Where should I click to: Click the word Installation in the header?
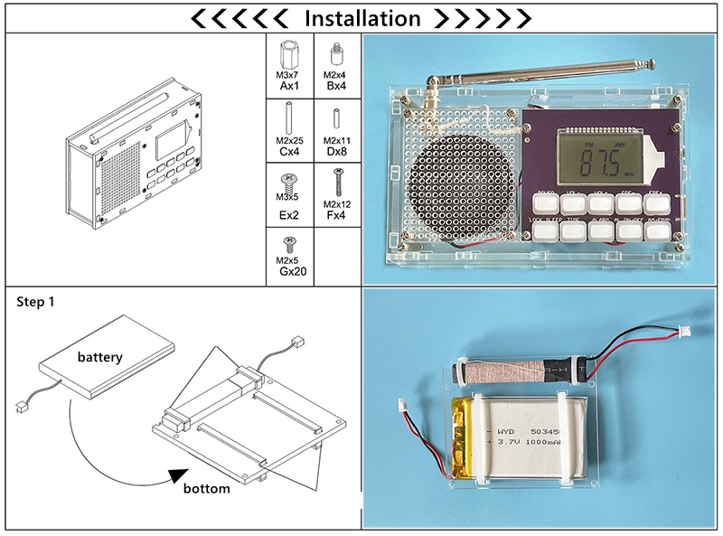coord(362,18)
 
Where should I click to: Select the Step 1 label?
coord(36,302)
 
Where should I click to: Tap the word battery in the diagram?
coord(99,357)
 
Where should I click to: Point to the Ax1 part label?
coord(289,87)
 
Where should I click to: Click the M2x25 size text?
coord(289,141)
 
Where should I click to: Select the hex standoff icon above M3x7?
coord(289,52)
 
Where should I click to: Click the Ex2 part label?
coord(289,216)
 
